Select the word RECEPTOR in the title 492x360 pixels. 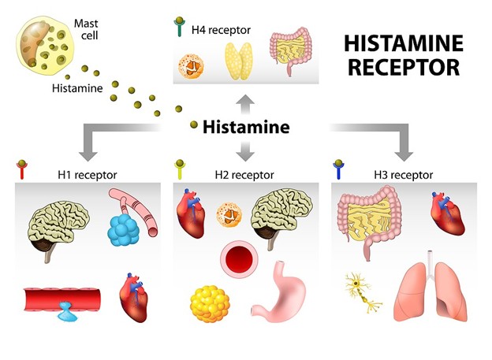403,68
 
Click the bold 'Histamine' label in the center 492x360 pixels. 246,126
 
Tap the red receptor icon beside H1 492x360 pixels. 22,171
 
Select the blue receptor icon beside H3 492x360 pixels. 339,171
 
